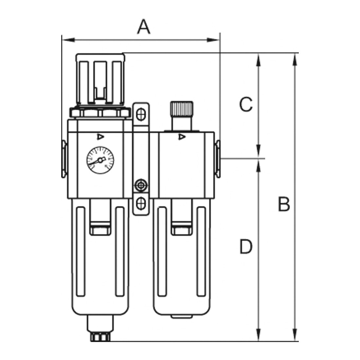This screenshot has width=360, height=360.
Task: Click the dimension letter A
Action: tap(144, 27)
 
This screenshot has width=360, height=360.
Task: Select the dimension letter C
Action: tap(246, 104)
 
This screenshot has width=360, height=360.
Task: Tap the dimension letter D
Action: tap(246, 246)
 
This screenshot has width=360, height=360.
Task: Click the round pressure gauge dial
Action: tap(100, 160)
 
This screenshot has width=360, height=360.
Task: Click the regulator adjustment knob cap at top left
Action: tap(100, 80)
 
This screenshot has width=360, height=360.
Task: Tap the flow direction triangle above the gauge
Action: tap(100, 137)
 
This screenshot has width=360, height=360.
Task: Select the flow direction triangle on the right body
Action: tap(182, 137)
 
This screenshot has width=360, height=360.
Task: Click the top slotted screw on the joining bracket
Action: tap(141, 114)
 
